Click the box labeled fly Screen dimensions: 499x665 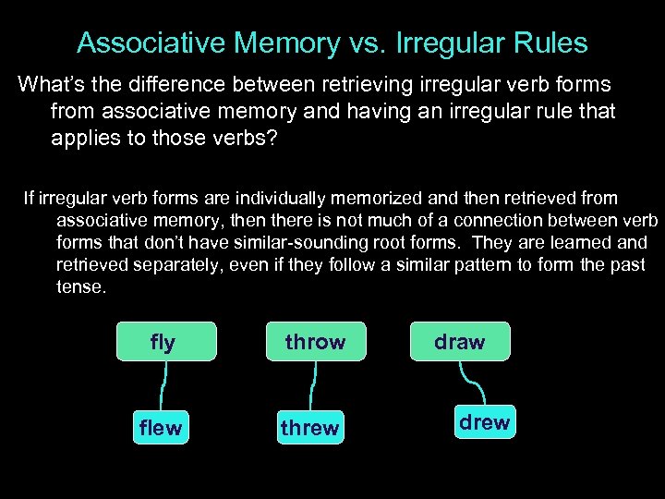coord(166,341)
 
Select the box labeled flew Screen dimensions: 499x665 coord(161,428)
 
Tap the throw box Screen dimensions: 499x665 coord(315,341)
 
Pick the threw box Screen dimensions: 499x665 coord(309,428)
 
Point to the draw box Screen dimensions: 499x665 coord(459,341)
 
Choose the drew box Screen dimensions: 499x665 coord(484,422)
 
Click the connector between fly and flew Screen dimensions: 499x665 coord(164,385)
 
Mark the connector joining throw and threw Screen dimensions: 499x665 coord(313,385)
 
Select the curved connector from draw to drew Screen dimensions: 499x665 coord(472,383)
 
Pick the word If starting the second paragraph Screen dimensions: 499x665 coord(29,198)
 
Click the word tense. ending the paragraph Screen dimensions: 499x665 coord(81,286)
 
